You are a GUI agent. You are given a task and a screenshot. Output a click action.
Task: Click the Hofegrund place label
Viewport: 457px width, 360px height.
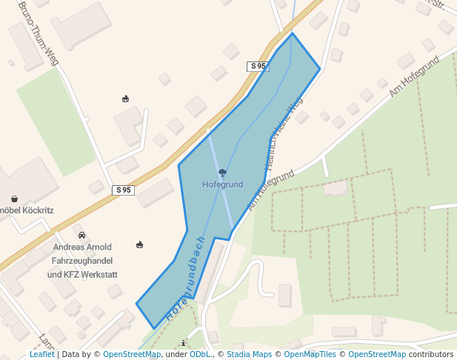[x=223, y=184]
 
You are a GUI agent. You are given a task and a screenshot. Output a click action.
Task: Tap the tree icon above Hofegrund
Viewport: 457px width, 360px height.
[x=223, y=173]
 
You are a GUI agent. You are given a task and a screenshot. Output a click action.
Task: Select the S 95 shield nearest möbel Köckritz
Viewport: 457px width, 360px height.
[x=124, y=190]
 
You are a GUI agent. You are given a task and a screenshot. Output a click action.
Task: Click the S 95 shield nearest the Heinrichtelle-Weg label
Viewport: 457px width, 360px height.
[x=258, y=67]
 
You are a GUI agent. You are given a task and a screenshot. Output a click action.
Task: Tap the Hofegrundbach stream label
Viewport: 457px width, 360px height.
[x=185, y=278]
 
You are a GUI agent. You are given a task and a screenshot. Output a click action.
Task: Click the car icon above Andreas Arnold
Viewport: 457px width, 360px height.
[x=81, y=235]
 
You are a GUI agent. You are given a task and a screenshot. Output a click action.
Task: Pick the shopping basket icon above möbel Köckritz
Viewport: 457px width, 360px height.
[x=14, y=199]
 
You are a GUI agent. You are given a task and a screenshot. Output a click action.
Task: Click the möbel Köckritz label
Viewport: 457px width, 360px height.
[x=26, y=210]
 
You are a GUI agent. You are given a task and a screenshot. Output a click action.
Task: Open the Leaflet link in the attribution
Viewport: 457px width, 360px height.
[x=41, y=355]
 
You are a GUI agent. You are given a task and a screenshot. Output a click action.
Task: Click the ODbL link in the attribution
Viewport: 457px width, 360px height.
[x=200, y=355]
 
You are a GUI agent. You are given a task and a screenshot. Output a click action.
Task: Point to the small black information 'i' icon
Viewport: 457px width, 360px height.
[x=184, y=343]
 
